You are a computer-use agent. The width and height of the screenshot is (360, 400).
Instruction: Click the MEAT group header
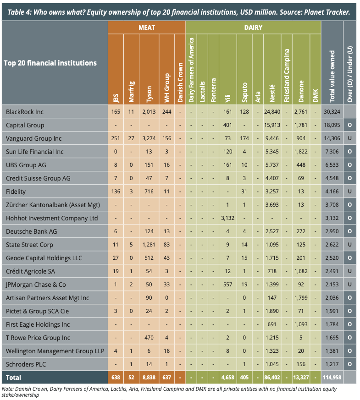point(147,27)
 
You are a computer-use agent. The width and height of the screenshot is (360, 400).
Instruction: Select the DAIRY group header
point(253,27)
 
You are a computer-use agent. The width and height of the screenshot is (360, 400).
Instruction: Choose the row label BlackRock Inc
point(25,111)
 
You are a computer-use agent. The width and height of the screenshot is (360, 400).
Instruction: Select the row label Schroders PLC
point(27,364)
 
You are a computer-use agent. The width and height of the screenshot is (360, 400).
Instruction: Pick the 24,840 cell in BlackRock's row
point(272,111)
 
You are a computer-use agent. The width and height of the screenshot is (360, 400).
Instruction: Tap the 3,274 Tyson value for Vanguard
point(149,138)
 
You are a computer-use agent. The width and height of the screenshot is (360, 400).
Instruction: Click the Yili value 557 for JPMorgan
point(227,285)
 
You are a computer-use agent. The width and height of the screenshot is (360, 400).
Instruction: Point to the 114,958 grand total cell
point(332,378)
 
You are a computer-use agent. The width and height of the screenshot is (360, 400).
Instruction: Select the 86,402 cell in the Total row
point(272,378)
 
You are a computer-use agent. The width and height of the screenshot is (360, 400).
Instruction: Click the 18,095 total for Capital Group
point(332,125)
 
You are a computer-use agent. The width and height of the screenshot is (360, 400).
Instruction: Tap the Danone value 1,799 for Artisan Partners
point(301,298)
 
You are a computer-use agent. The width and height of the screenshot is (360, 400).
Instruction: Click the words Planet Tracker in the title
point(328,12)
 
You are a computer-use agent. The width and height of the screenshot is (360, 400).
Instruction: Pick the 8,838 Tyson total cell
point(149,378)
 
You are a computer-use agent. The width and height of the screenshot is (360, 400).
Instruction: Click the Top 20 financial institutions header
point(50,63)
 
